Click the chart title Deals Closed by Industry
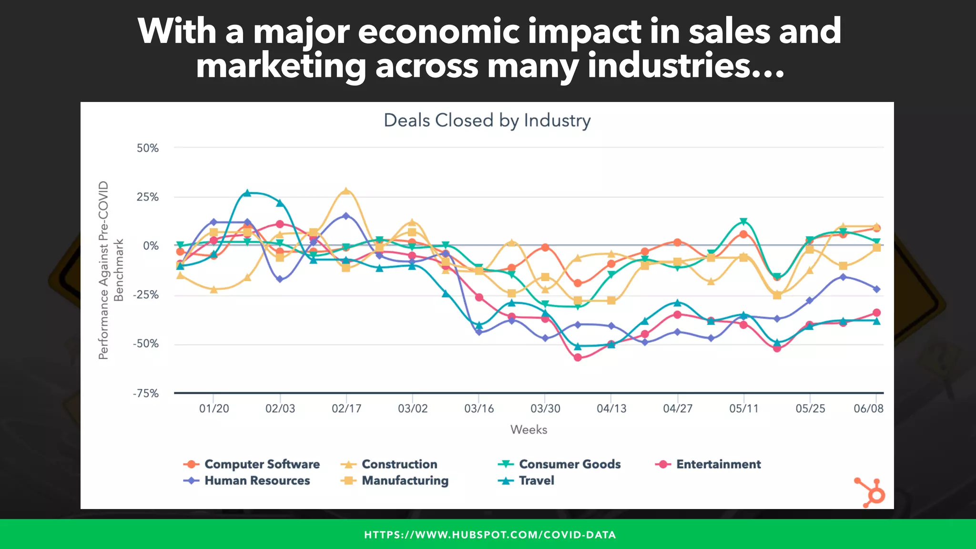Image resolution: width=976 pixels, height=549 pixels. pos(487,120)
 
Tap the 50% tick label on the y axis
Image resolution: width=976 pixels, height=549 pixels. pos(147,148)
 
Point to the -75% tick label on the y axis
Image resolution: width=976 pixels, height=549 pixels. pos(146,393)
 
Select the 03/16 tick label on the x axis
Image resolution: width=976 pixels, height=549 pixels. pos(479,408)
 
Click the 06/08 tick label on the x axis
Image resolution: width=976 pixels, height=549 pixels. pos(868,408)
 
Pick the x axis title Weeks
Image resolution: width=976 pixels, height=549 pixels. pos(529,429)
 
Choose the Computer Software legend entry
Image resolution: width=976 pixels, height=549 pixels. pos(262,464)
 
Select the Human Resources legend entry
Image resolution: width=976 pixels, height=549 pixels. pos(257,480)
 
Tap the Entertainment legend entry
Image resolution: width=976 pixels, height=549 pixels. pos(718,464)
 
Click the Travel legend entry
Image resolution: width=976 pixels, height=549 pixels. pos(536,480)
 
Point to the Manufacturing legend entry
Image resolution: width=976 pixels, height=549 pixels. pos(405,480)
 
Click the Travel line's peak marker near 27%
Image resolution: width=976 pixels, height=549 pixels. pos(247,193)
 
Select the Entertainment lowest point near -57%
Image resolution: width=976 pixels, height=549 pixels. pos(578,357)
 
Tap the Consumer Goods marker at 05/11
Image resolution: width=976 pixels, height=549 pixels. pos(743,222)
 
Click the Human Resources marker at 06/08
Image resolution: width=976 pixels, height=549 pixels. pos(876,289)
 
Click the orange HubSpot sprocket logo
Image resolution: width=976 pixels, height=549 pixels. pos(870,493)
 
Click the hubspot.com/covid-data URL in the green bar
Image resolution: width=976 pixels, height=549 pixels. pos(490,535)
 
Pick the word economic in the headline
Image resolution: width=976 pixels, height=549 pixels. pos(438,31)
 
